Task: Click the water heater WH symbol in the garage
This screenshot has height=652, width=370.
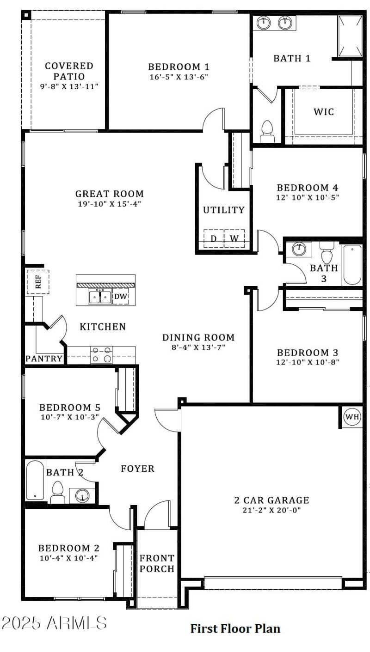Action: (x=352, y=417)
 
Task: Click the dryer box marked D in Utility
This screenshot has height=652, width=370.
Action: (x=213, y=238)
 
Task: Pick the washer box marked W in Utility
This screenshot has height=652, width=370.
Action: (x=234, y=238)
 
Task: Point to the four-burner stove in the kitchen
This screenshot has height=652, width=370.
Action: (x=102, y=355)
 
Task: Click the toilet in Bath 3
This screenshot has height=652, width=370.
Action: (x=327, y=254)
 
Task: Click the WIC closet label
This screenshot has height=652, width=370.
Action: (x=323, y=112)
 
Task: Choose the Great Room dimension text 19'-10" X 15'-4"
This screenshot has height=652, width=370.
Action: (x=109, y=204)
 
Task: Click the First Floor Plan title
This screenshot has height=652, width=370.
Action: (x=235, y=628)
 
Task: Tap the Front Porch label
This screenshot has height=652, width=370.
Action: (x=157, y=563)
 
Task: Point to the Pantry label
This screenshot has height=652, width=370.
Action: (x=44, y=359)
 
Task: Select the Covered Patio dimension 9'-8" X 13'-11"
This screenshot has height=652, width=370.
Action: (x=68, y=86)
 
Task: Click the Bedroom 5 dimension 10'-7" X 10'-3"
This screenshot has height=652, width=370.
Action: (x=69, y=417)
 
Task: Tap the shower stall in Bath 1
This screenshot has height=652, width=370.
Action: (x=350, y=36)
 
